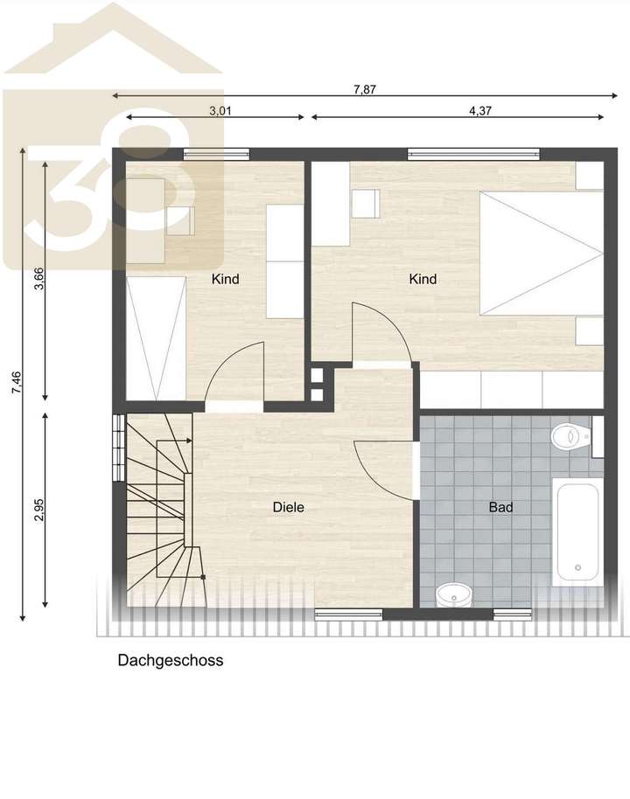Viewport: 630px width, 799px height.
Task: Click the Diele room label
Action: tap(288, 507)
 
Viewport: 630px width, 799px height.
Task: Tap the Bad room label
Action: tap(500, 507)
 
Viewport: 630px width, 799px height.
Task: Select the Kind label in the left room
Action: tap(225, 280)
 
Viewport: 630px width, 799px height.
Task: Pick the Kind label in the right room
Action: tap(423, 280)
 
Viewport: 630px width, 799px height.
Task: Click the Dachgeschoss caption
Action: tap(171, 661)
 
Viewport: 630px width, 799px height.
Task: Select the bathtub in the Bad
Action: tap(576, 532)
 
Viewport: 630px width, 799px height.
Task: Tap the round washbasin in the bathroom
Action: tap(452, 594)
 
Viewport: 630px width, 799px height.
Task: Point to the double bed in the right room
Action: tap(541, 254)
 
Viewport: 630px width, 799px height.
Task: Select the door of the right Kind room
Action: tap(381, 332)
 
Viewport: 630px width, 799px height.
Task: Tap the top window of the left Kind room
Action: tap(216, 156)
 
